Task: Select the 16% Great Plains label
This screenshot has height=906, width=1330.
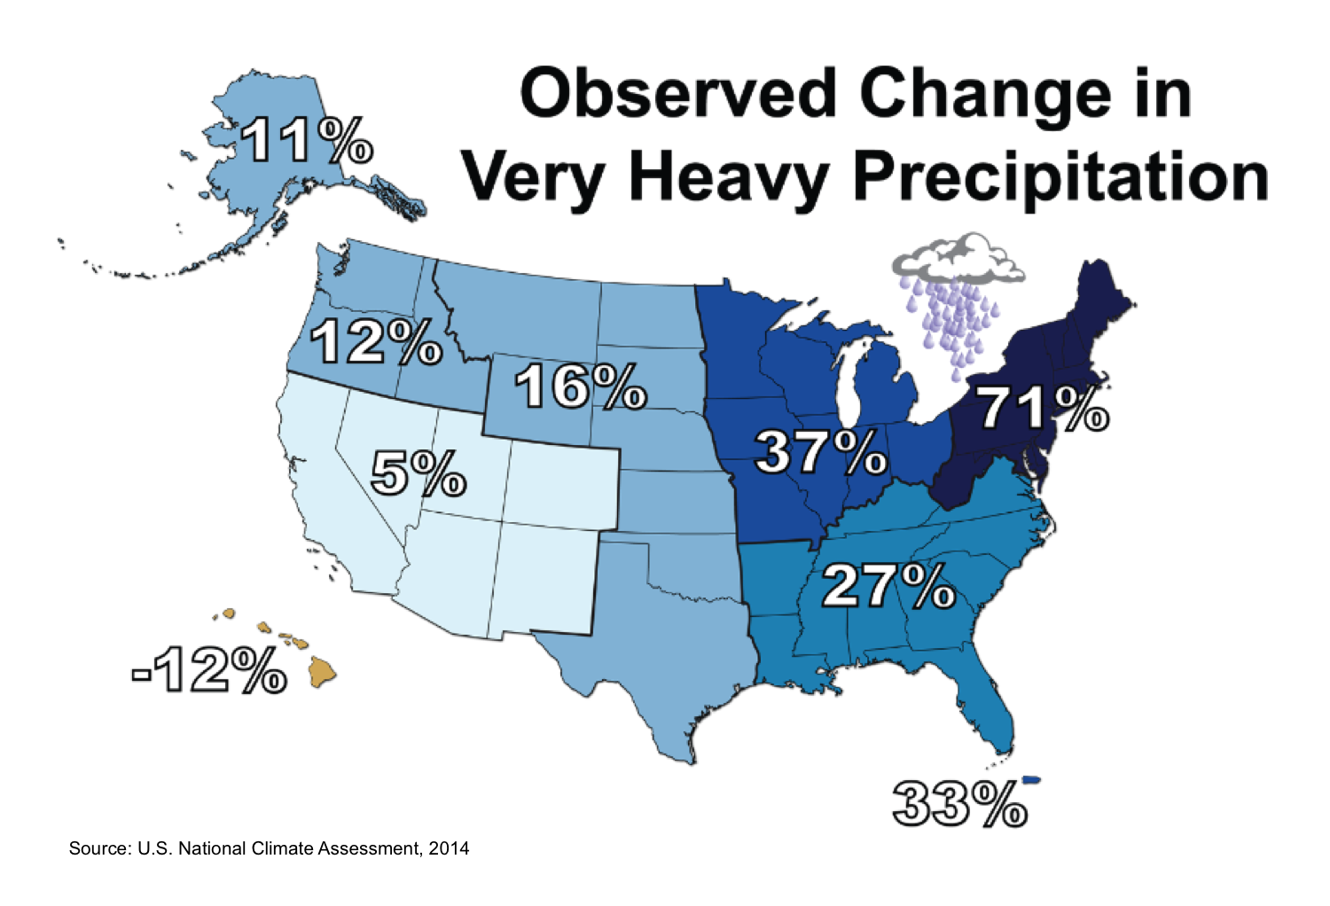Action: (x=580, y=387)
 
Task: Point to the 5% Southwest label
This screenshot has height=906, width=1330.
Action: (x=418, y=473)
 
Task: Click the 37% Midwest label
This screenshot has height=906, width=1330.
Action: (x=820, y=452)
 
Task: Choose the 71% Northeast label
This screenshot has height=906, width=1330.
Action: (x=1042, y=409)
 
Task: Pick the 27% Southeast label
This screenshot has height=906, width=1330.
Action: (x=888, y=586)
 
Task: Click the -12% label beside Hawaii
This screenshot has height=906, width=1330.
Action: (x=209, y=670)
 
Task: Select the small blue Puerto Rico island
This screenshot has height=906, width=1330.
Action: (x=1030, y=780)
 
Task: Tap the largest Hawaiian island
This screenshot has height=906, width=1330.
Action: (x=322, y=671)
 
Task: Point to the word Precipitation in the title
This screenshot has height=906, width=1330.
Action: (x=1060, y=177)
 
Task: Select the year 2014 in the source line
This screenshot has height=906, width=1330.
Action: (x=449, y=848)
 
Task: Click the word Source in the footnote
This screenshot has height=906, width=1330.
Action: (x=98, y=848)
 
